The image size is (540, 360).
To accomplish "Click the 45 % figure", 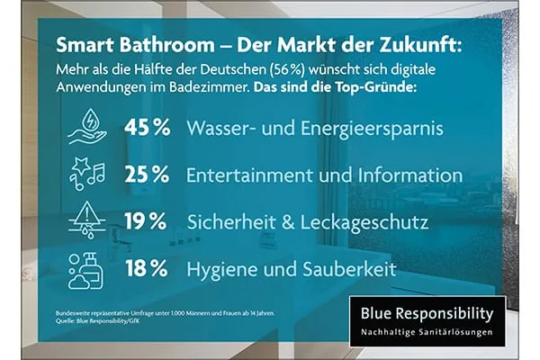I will tap(147, 128).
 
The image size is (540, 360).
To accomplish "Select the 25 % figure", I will tap(147, 175).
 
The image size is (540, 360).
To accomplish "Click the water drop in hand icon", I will tap(87, 128).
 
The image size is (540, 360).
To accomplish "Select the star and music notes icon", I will tap(86, 175).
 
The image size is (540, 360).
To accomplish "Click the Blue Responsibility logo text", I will tap(427, 314).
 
